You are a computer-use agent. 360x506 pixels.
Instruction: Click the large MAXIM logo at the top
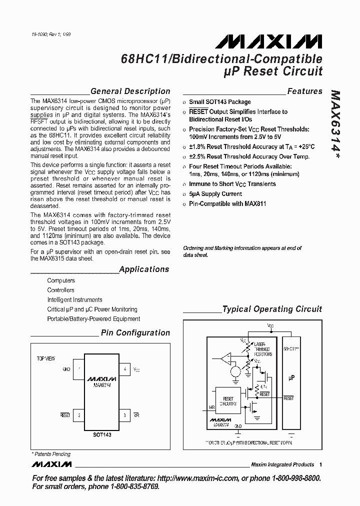pyautogui.click(x=272, y=41)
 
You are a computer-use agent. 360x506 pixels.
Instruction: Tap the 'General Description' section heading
pyautogui.click(x=130, y=91)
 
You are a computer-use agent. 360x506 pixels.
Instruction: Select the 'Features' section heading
pyautogui.click(x=304, y=91)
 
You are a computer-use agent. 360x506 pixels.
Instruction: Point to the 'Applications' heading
pyautogui.click(x=144, y=269)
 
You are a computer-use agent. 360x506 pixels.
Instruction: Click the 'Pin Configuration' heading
pyautogui.click(x=135, y=333)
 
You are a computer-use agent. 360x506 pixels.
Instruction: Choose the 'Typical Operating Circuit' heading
pyautogui.click(x=272, y=309)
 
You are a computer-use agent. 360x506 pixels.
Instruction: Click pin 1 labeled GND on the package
pyautogui.click(x=78, y=369)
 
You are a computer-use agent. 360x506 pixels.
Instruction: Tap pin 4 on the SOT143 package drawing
pyautogui.click(x=124, y=369)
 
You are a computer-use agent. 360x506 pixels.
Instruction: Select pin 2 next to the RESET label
pyautogui.click(x=78, y=415)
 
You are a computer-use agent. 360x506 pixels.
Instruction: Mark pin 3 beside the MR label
pyautogui.click(x=124, y=415)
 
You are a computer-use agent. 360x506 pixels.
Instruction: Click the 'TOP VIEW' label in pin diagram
pyautogui.click(x=46, y=358)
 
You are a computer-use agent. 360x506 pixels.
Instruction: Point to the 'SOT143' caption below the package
pyautogui.click(x=101, y=435)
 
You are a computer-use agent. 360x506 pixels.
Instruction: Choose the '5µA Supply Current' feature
pyautogui.click(x=215, y=194)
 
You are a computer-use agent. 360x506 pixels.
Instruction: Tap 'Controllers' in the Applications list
pyautogui.click(x=60, y=290)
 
